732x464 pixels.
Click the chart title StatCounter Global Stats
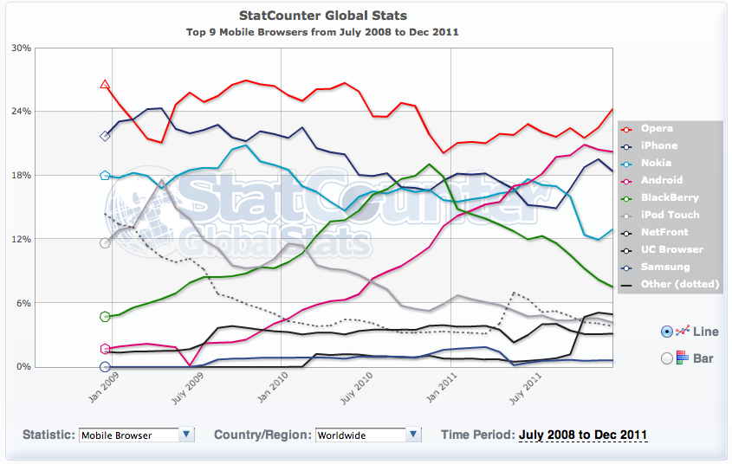click(321, 16)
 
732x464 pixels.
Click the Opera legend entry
click(658, 128)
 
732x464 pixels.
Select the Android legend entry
click(663, 180)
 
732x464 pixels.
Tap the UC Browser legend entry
click(672, 249)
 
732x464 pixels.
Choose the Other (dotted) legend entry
click(680, 284)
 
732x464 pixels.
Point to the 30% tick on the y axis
click(21, 48)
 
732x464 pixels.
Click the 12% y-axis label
click(21, 239)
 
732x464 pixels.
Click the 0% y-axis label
click(23, 367)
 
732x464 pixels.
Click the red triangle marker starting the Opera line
click(105, 84)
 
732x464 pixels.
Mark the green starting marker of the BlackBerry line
click(105, 317)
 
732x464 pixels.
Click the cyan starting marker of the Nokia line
click(105, 176)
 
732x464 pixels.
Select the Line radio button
click(667, 331)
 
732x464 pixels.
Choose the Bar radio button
click(667, 358)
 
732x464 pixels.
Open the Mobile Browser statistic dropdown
click(136, 435)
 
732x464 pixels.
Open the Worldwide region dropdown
click(368, 435)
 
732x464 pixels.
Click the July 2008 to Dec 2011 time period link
click(583, 435)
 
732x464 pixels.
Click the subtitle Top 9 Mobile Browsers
click(321, 32)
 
